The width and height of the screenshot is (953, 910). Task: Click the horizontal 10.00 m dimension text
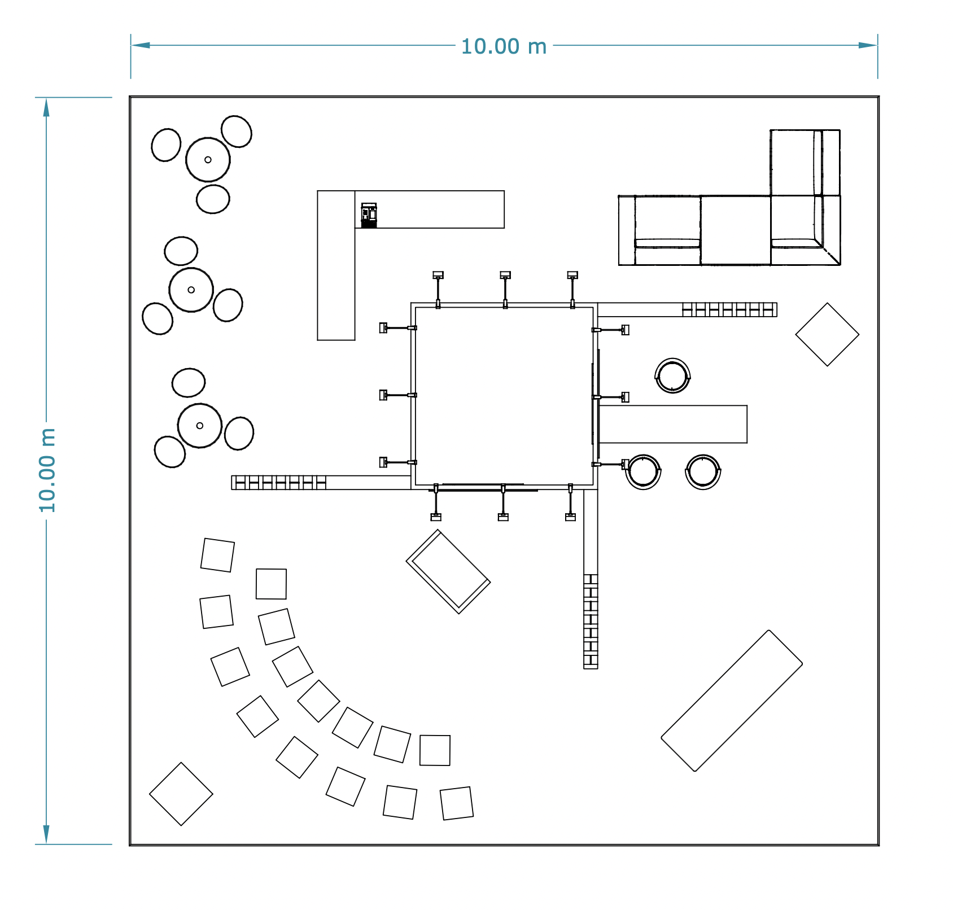coord(504,46)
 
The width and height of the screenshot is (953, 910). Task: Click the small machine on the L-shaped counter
coord(369,215)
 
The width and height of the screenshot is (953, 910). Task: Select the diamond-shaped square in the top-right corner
coord(827,334)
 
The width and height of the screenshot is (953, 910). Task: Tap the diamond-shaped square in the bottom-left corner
coord(181,794)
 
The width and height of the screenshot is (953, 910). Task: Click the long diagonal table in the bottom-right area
coord(732,701)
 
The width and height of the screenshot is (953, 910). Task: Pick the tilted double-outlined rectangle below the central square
coord(448,571)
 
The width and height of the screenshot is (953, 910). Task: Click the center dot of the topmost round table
coord(208,160)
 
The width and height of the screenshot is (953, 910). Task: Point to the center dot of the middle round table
coord(191,290)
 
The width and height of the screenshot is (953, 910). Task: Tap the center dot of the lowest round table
coord(200,426)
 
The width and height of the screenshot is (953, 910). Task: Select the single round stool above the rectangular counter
coord(672,375)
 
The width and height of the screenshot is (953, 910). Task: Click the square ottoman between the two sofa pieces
coord(736,230)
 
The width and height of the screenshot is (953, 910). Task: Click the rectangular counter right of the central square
coord(673,424)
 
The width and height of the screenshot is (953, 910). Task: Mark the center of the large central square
coord(504,396)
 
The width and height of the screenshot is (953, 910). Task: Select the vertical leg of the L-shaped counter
coord(336,265)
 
